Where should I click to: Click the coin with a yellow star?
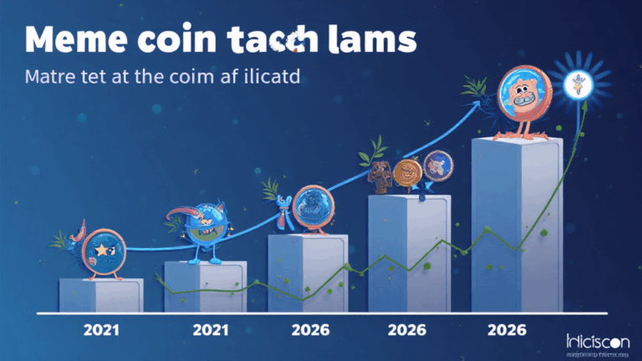pos(104,249)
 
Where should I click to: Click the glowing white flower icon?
pos(577,83)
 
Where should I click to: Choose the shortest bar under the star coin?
pos(101,295)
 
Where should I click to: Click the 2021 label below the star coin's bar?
pos(100,330)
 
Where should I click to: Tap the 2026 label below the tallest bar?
pos(508,330)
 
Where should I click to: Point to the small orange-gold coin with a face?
pos(407,173)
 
